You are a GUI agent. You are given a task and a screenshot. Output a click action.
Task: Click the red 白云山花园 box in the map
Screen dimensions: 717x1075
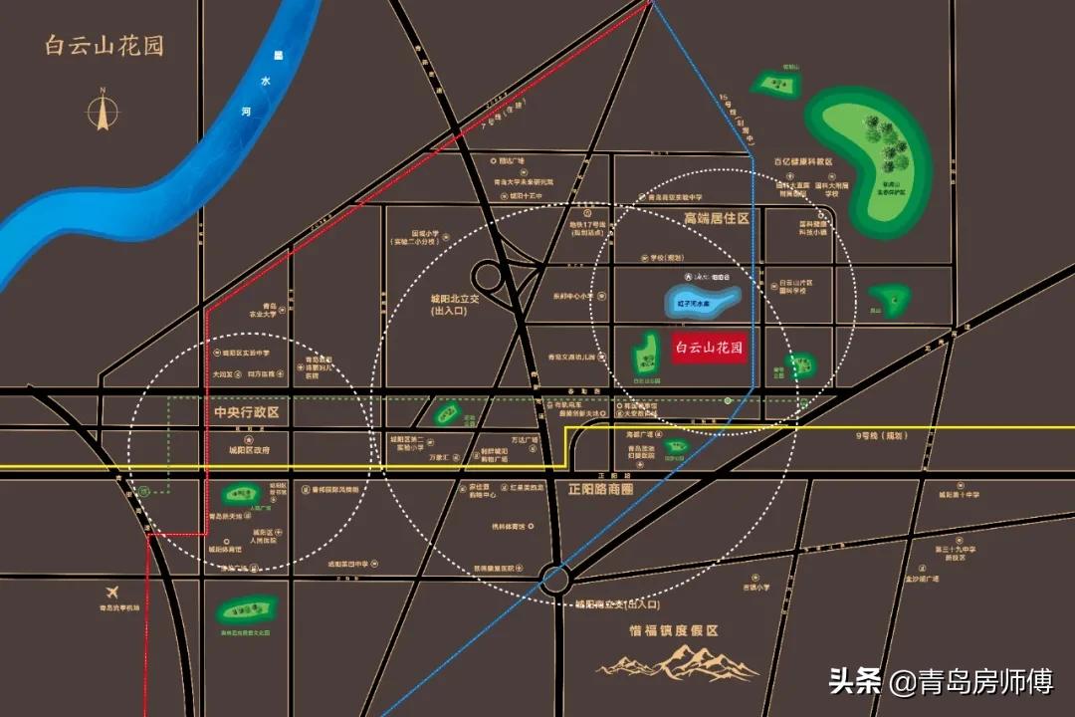[709, 348]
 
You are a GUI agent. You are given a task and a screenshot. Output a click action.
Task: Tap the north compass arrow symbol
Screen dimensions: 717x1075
[102, 111]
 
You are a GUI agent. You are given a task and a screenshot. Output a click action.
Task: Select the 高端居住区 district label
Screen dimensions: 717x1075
[716, 217]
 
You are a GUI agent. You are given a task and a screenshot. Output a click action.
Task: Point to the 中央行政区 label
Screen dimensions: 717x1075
[248, 411]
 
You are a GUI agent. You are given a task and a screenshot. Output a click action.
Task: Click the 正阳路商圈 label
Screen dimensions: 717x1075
[608, 490]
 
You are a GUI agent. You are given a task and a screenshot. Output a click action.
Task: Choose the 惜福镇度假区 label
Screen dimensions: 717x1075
[673, 630]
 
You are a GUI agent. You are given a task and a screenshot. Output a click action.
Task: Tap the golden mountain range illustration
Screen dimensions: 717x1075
[677, 661]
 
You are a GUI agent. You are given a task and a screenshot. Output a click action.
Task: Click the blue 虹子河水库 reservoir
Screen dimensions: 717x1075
[705, 301]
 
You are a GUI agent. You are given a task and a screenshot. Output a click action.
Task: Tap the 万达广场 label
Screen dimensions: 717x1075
[525, 438]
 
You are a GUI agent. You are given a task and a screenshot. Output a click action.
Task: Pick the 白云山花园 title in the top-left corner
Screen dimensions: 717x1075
[104, 46]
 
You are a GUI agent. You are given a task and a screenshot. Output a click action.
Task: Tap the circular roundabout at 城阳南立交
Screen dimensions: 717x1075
[554, 578]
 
